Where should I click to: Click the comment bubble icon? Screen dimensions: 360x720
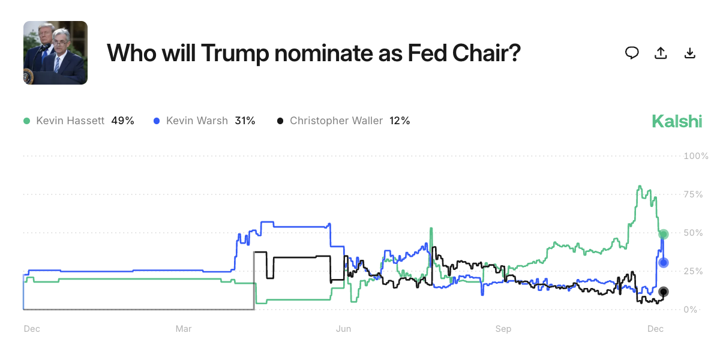point(632,53)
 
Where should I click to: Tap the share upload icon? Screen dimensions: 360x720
point(661,53)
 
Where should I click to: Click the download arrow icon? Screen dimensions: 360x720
point(690,53)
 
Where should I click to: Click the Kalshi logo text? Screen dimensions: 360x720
point(677,121)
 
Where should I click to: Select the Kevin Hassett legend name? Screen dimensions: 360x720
point(71,121)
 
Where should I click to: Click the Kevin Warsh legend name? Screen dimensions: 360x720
point(197,121)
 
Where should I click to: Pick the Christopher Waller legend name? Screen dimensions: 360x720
point(336,121)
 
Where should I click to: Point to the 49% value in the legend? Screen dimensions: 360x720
point(122,121)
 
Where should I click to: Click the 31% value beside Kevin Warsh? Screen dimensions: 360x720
point(245,121)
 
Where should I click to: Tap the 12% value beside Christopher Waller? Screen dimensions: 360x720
point(400,121)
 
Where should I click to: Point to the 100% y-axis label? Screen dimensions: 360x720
point(696,156)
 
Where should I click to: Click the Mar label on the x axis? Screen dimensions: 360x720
point(184,329)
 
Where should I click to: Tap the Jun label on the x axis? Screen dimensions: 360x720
point(344,329)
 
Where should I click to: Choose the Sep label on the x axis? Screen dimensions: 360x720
point(503,329)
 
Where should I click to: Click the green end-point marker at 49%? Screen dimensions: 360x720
point(664,234)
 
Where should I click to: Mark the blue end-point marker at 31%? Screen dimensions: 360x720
point(664,262)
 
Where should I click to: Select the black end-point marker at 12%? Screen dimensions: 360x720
point(664,292)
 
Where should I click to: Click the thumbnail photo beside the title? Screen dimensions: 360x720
point(55,53)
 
